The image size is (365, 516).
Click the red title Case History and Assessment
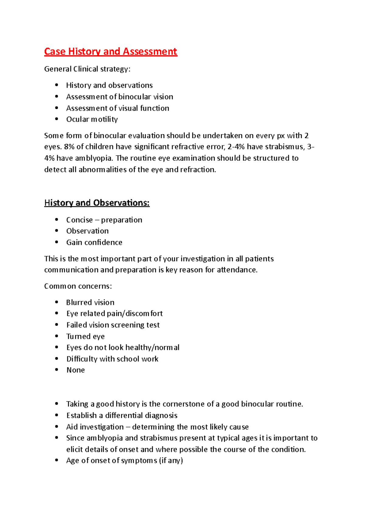point(110,51)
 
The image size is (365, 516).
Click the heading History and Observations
point(97,203)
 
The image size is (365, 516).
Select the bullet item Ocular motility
point(92,119)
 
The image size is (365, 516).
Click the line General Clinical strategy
point(87,69)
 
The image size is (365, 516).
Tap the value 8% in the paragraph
point(69,147)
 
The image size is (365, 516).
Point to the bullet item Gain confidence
point(94,242)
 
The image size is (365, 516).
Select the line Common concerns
point(78,286)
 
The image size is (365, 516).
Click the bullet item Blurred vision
point(90,302)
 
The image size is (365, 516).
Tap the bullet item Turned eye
point(85,336)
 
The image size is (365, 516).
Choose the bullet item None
point(75,370)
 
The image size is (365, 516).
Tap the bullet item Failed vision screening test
point(113,325)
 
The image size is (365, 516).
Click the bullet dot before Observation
point(57,231)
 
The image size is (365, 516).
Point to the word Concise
point(79,220)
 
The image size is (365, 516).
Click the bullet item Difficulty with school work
point(112,359)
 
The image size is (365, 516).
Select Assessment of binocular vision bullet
point(120,97)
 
